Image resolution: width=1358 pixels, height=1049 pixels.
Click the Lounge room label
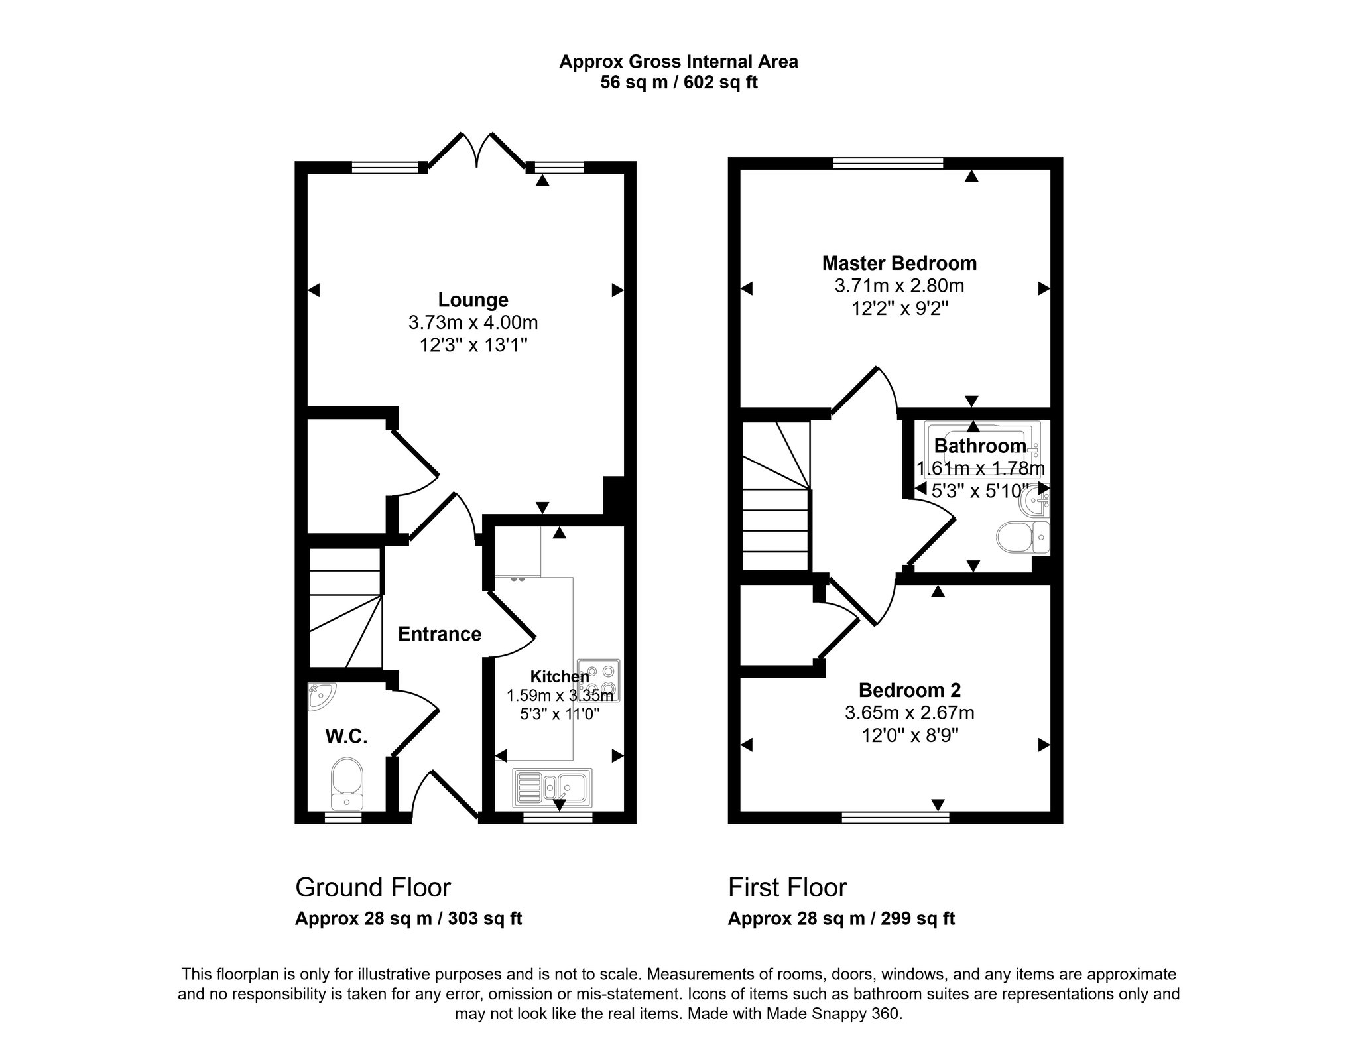pyautogui.click(x=473, y=300)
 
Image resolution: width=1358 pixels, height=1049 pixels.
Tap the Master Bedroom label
pyautogui.click(x=899, y=263)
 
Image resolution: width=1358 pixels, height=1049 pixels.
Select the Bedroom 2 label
pyautogui.click(x=909, y=690)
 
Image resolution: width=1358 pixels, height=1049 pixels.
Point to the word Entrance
pyautogui.click(x=440, y=634)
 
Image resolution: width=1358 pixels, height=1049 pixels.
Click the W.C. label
pyautogui.click(x=346, y=736)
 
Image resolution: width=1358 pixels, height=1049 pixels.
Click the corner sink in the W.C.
pyautogui.click(x=321, y=696)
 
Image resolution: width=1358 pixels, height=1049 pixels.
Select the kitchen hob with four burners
pyautogui.click(x=599, y=680)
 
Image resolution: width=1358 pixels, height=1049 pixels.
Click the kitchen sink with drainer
pyautogui.click(x=552, y=788)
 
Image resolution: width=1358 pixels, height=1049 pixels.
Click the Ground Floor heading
pyautogui.click(x=373, y=887)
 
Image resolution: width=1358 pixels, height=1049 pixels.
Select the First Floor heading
pyautogui.click(x=788, y=887)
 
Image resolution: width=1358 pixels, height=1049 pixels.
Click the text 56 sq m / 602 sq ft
pyautogui.click(x=679, y=82)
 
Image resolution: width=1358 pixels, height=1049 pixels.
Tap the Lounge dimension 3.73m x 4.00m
pyautogui.click(x=473, y=323)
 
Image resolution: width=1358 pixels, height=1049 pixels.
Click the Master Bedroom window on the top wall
pyautogui.click(x=889, y=163)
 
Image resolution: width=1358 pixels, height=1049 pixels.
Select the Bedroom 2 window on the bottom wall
pyautogui.click(x=895, y=818)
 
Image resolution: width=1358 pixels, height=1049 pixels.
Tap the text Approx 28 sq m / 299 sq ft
pyautogui.click(x=841, y=919)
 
